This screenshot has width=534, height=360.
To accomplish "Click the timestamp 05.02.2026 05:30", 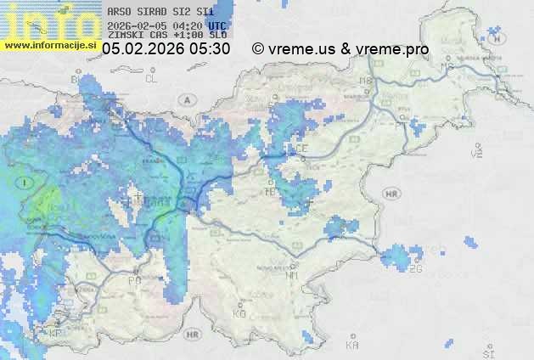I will coord(166,49).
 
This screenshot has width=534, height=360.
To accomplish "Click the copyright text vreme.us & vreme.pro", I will coord(340,49).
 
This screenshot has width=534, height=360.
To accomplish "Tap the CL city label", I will coord(152,78).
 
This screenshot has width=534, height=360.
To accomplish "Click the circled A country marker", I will coord(186,99).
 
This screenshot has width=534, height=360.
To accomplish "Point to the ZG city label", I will coord(415,268).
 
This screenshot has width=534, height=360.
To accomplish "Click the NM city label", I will coord(293,275).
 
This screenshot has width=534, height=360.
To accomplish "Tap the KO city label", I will coord(239,313).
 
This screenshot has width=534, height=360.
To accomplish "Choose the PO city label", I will coord(134,280).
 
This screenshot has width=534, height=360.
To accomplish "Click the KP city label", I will coord(56,334).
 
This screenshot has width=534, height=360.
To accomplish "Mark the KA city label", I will coord(352,346).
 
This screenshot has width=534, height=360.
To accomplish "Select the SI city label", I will coord(487,352).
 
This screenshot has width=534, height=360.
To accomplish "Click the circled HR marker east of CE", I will coord(391,194).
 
